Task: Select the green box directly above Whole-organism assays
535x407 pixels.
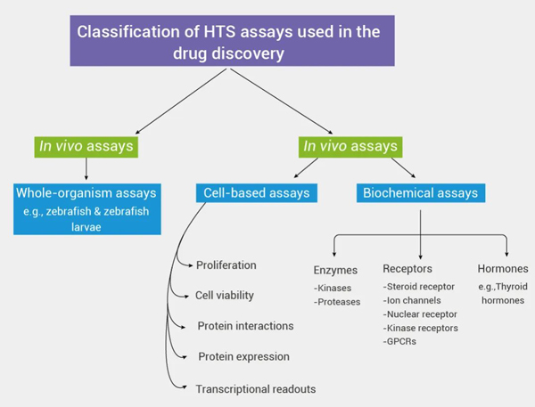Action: pyautogui.click(x=86, y=144)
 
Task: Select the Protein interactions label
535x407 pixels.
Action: pyautogui.click(x=246, y=326)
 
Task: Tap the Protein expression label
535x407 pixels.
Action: pyautogui.click(x=244, y=357)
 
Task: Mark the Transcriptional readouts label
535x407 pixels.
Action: pyautogui.click(x=257, y=389)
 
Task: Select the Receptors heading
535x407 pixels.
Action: pyautogui.click(x=408, y=268)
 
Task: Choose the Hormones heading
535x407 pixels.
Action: pyautogui.click(x=502, y=268)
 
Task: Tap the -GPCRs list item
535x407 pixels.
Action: pyautogui.click(x=399, y=342)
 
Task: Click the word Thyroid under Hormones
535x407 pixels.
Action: pyautogui.click(x=513, y=287)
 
